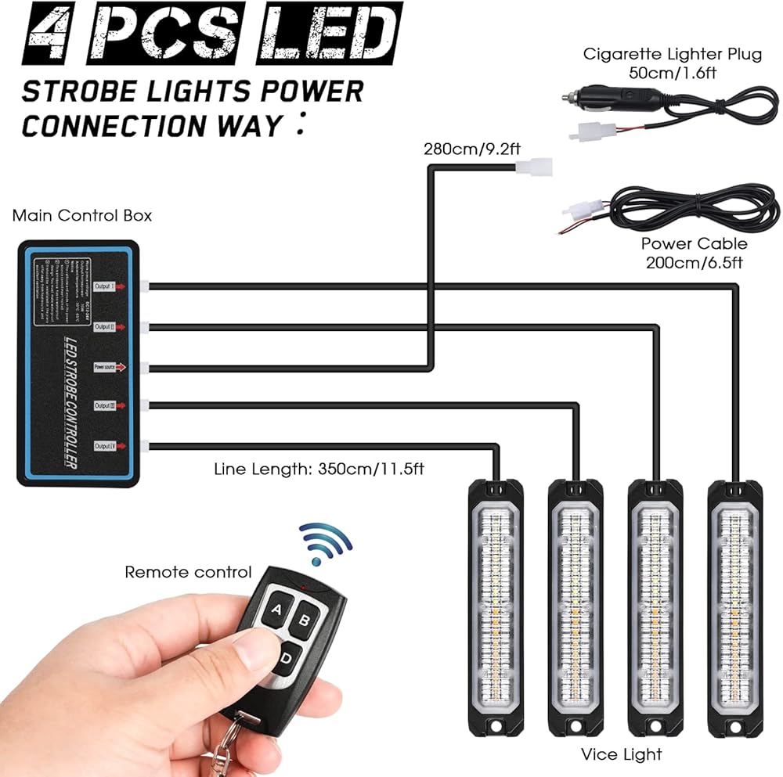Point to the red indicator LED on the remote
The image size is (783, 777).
point(302,586)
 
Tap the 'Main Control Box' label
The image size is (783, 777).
point(82,215)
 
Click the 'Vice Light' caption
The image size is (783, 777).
point(621,754)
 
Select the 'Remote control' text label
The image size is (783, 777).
point(188,573)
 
